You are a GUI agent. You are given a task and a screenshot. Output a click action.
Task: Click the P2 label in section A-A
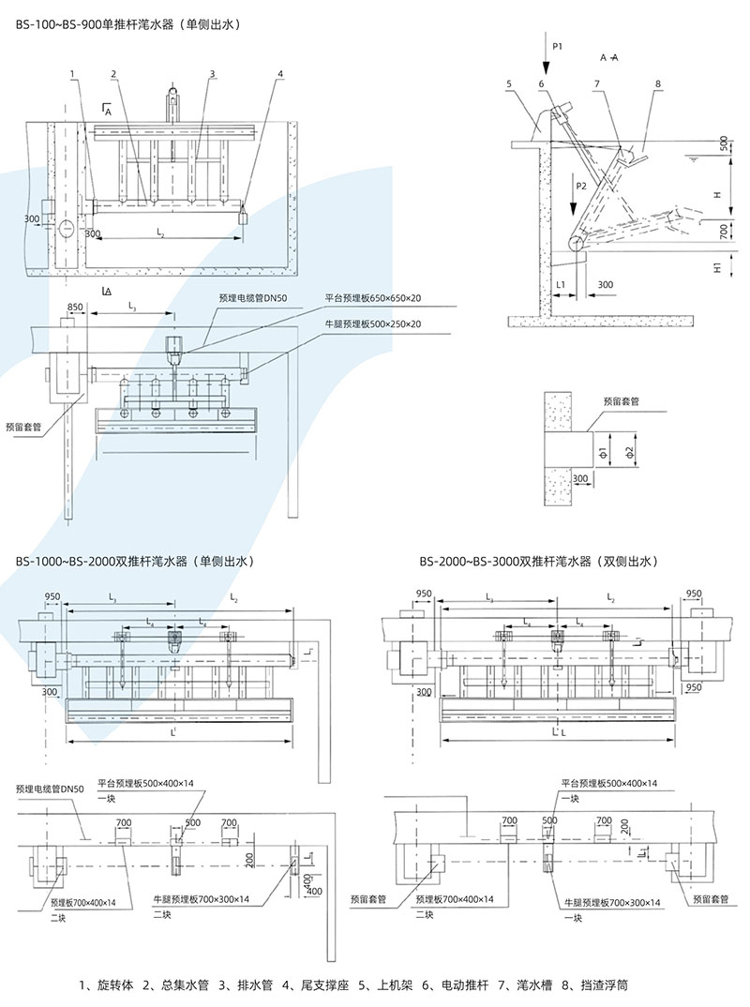click(x=581, y=186)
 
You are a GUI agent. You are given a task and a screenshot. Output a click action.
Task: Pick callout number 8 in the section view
click(x=658, y=84)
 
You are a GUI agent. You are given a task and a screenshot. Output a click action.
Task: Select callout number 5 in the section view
click(x=509, y=84)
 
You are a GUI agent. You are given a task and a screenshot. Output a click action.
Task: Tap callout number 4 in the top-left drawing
click(x=279, y=73)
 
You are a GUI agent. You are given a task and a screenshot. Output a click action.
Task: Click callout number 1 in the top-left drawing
click(x=71, y=73)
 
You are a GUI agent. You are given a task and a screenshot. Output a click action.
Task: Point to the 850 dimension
click(x=75, y=307)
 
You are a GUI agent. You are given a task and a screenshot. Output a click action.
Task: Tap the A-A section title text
click(x=608, y=57)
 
